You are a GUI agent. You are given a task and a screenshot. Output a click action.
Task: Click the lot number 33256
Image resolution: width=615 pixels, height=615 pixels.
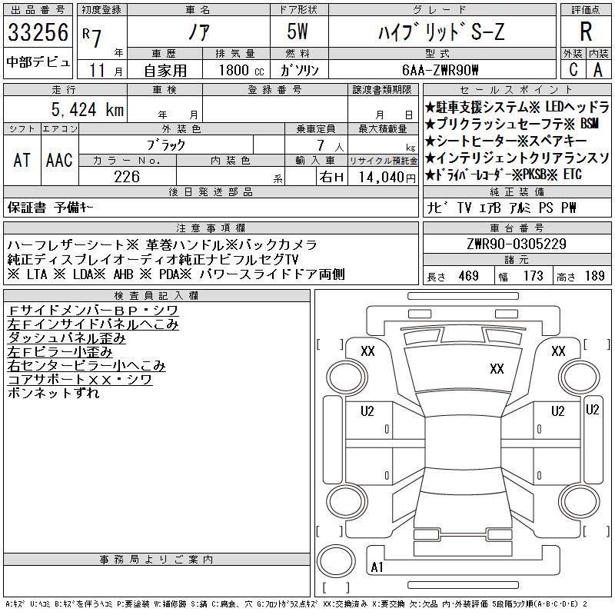click(x=38, y=32)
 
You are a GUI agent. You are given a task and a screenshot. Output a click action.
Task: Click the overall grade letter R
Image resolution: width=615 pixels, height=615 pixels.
click(x=586, y=32)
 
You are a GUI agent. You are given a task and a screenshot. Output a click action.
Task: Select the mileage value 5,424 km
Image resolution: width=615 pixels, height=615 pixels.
click(x=88, y=109)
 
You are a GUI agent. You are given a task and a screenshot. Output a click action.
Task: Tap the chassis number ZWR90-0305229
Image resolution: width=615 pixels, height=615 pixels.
click(x=517, y=244)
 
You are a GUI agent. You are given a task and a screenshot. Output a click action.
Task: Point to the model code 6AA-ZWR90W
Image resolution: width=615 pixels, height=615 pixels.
click(x=440, y=70)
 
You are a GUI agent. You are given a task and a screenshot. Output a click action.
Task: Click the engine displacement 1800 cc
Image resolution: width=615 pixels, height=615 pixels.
click(x=241, y=70)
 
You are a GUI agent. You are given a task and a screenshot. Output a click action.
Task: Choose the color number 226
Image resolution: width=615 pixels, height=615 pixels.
click(x=127, y=177)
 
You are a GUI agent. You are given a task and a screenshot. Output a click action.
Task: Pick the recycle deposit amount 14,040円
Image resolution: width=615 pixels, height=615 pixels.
click(x=387, y=178)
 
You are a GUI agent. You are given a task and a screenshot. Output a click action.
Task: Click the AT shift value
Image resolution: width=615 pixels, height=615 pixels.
click(x=22, y=160)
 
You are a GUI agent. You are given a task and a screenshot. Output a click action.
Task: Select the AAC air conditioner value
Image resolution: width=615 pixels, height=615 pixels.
click(x=59, y=160)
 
